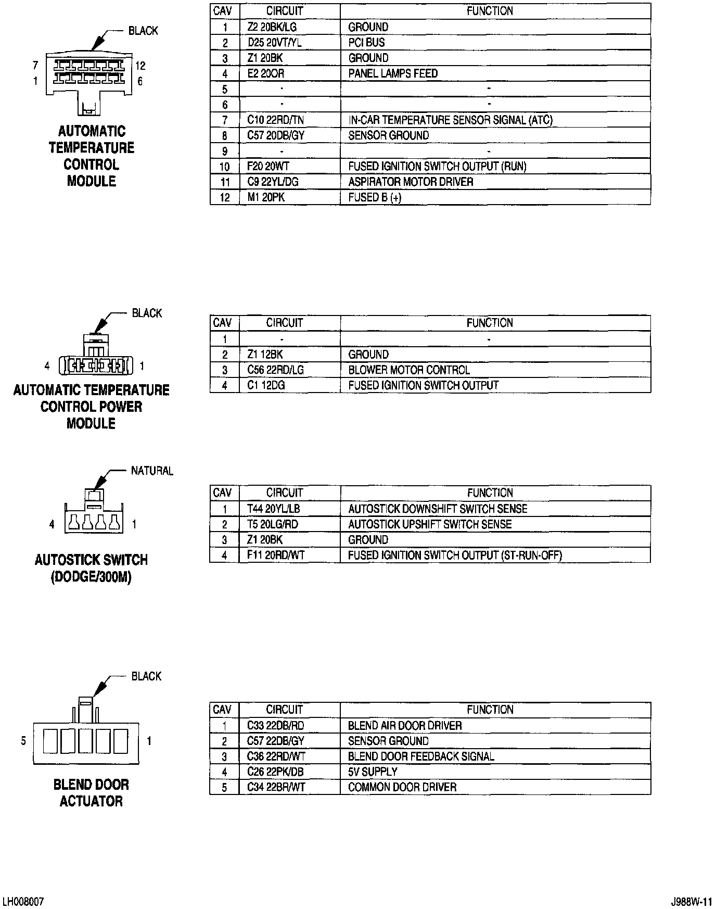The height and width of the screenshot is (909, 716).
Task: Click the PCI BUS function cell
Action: [x=366, y=43]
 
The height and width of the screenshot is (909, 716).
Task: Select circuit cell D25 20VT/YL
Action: [x=274, y=43]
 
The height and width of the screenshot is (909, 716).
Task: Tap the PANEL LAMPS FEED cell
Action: [x=393, y=73]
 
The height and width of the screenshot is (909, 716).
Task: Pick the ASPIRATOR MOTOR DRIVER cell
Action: [x=411, y=182]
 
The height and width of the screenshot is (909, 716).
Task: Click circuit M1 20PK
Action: [x=266, y=197]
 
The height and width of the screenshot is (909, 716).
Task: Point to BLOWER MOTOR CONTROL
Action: [x=408, y=370]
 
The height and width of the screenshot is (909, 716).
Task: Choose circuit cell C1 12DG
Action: [x=266, y=386]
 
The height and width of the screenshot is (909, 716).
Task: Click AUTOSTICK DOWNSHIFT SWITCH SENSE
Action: [x=438, y=509]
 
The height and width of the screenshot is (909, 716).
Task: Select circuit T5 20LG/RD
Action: [x=273, y=524]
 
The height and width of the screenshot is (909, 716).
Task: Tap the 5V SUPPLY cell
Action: [x=373, y=772]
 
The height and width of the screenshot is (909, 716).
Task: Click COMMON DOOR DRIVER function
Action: [x=402, y=787]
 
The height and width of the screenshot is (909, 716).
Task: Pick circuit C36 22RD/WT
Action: [x=276, y=756]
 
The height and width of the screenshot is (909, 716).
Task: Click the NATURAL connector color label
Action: [x=152, y=471]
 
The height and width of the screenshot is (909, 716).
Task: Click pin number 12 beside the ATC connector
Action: [x=140, y=66]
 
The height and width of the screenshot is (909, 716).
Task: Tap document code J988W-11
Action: [x=691, y=901]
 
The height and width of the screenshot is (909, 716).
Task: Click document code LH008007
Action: [x=23, y=901]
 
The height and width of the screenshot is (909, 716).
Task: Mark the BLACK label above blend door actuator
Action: [x=146, y=676]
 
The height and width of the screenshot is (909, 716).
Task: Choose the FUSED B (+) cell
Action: [x=375, y=197]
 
